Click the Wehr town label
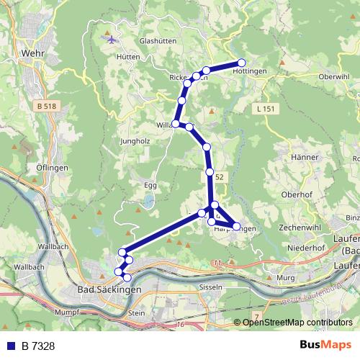(x=34, y=53)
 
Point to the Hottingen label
(x=251, y=71)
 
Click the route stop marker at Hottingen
(x=242, y=63)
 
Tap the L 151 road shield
(x=266, y=109)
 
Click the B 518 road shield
(x=45, y=106)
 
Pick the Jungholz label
(x=135, y=141)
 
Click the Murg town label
(x=286, y=276)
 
